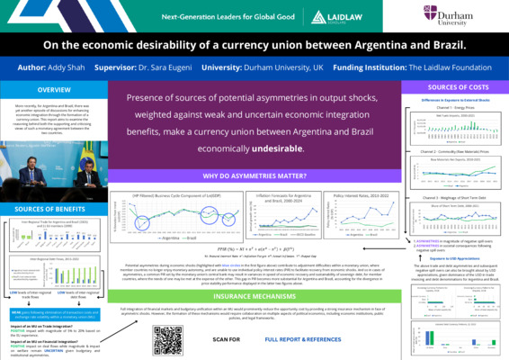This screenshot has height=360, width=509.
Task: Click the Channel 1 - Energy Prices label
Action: [453, 107]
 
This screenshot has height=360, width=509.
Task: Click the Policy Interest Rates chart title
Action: [355, 170]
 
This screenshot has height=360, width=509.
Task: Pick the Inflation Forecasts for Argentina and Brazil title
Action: [281, 172]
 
